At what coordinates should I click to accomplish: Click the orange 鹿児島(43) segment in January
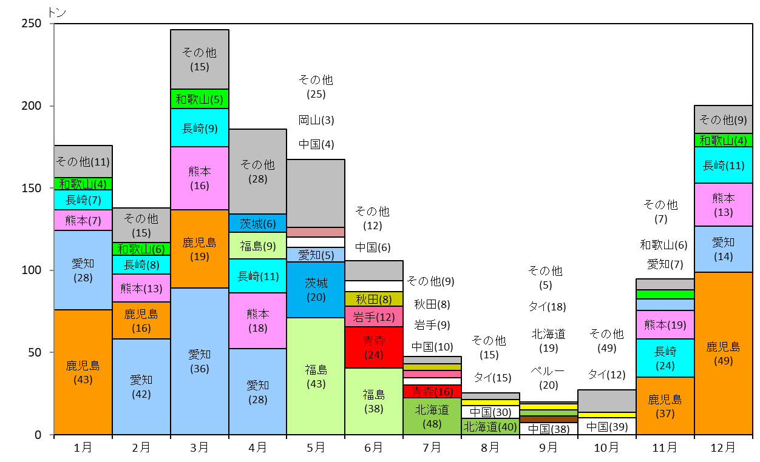[x=83, y=372]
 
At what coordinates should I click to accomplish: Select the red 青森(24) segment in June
[x=374, y=347]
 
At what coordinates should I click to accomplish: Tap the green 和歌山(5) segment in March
[x=200, y=99]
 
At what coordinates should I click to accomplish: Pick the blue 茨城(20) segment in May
[x=316, y=290]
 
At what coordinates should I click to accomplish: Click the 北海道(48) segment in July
[x=432, y=417]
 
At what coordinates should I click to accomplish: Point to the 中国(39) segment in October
[x=607, y=426]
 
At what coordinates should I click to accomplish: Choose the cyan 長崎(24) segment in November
[x=665, y=358]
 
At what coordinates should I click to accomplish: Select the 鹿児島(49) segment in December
[x=724, y=353]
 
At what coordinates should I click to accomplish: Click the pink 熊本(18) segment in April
[x=258, y=321]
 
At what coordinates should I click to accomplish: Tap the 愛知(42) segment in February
[x=141, y=387]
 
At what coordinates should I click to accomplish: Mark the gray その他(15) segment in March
[x=200, y=59]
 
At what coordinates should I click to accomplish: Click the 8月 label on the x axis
[x=490, y=448]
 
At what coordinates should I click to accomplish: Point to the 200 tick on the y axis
[x=31, y=105]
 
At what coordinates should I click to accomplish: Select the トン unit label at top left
[x=56, y=13]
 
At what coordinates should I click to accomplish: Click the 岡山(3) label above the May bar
[x=316, y=120]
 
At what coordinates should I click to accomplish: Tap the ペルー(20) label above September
[x=548, y=378]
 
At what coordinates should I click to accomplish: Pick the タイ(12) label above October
[x=606, y=375]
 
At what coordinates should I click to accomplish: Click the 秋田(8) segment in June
[x=374, y=299]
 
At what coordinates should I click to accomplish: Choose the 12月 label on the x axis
[x=723, y=448]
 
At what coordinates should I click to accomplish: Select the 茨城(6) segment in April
[x=258, y=223]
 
